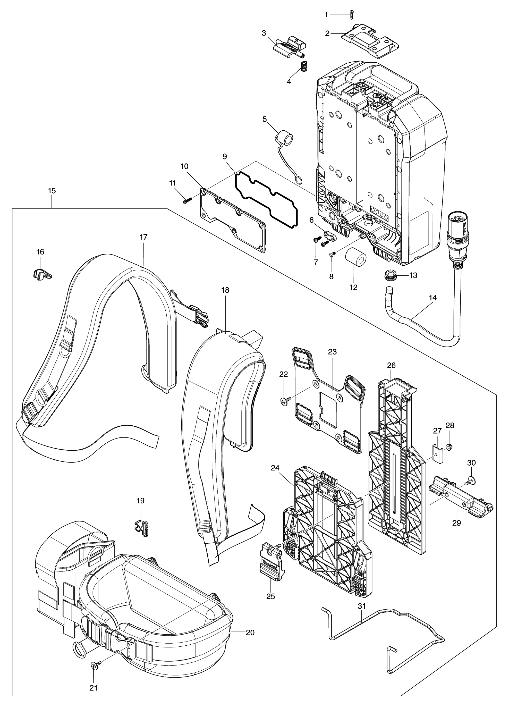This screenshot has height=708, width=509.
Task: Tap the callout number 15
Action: click(x=52, y=190)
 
